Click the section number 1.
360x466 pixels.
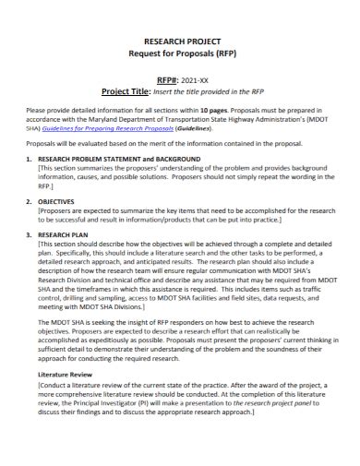click(x=29, y=160)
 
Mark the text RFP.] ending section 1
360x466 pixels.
click(x=48, y=185)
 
